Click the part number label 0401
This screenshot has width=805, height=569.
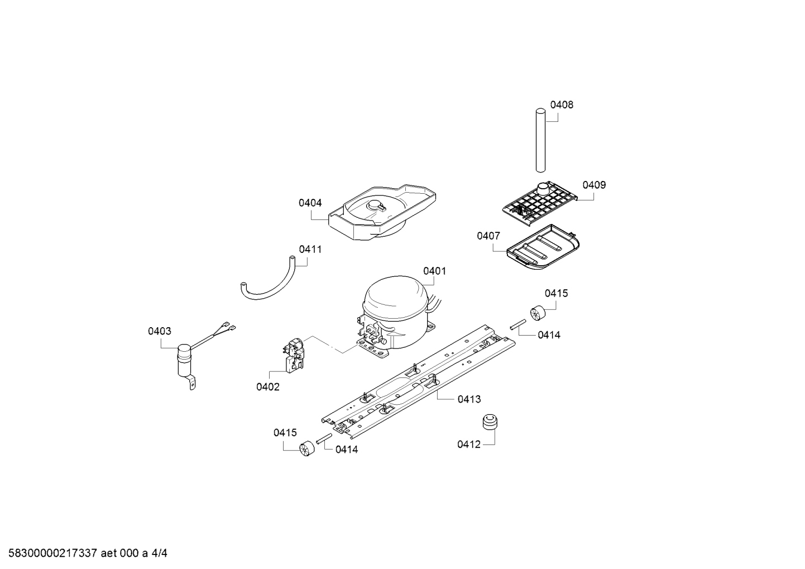click(434, 271)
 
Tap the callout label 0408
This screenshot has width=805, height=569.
click(562, 105)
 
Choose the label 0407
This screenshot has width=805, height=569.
click(488, 236)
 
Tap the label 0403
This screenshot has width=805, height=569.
click(160, 332)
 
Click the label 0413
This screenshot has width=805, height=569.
click(469, 399)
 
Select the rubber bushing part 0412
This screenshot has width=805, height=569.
click(490, 423)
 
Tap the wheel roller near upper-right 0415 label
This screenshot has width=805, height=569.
click(537, 314)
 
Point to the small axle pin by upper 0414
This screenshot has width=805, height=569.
click(517, 325)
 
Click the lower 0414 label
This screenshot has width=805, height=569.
click(347, 450)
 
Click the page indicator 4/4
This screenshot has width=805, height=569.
click(159, 553)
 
